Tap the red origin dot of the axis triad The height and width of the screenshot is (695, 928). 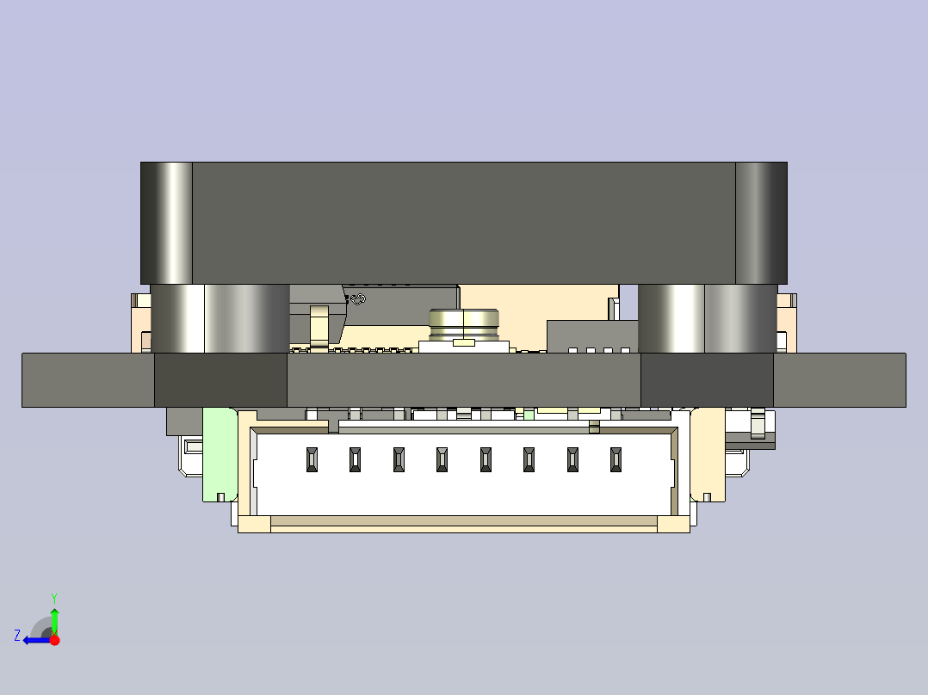click(54, 640)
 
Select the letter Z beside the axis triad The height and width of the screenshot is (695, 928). click(17, 636)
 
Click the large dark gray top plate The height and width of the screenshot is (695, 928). click(463, 222)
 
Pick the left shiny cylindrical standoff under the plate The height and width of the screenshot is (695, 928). click(220, 318)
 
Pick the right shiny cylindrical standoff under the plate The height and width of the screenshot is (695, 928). click(707, 318)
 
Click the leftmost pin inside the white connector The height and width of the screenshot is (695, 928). click(311, 460)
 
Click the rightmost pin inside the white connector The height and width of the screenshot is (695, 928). click(616, 460)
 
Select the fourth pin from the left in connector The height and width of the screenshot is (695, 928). click(442, 460)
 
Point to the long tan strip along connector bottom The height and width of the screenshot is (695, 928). click(464, 521)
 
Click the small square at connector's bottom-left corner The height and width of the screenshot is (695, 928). click(254, 525)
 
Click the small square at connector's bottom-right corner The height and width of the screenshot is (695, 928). click(673, 525)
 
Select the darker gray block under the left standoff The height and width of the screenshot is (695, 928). click(220, 379)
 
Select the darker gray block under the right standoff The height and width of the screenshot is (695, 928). click(707, 379)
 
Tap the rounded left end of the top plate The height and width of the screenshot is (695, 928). click(166, 222)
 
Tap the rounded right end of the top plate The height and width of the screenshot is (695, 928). click(761, 222)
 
